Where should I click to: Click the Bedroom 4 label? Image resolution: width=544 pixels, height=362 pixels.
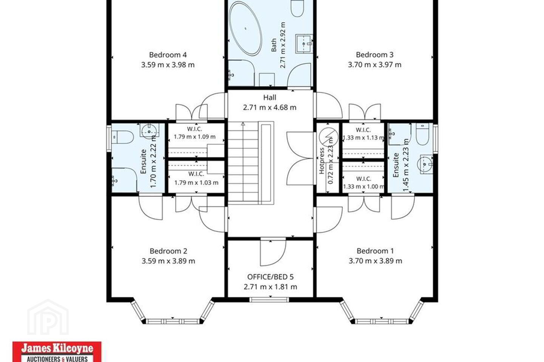point(168,55)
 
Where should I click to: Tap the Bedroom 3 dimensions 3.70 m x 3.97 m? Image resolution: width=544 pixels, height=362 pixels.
point(374,65)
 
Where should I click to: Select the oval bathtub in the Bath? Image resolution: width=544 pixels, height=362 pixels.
point(246,28)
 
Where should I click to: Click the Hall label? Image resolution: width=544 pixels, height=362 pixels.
point(270,97)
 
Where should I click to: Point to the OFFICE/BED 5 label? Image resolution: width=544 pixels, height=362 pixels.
point(270,277)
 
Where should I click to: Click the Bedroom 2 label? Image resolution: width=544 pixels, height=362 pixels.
point(168,251)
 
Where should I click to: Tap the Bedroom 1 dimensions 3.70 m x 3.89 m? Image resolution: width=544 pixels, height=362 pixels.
point(375,261)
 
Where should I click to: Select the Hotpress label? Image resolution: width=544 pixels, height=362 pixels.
point(321,161)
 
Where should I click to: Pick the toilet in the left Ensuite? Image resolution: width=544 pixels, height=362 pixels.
point(123,137)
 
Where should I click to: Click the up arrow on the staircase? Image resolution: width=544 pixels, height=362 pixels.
point(243,124)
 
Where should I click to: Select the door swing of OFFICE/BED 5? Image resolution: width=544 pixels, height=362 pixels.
point(273,253)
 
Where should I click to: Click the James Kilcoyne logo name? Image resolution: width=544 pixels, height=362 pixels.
point(57,348)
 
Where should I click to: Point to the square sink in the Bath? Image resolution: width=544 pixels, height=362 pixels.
point(304,44)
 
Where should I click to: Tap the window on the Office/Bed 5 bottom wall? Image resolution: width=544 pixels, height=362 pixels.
point(269,300)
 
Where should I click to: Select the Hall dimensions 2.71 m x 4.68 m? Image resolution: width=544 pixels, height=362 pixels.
point(270,107)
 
